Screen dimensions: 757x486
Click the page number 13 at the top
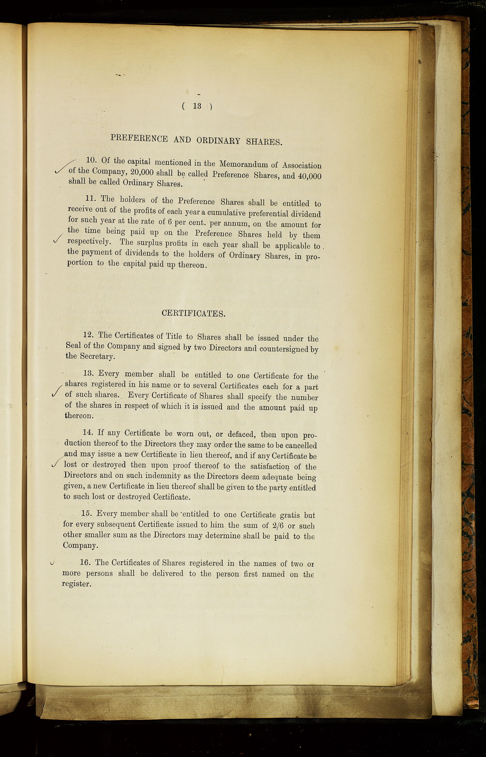pos(197,106)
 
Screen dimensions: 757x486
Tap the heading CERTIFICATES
pos(194,313)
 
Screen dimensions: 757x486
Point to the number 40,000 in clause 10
pos(310,176)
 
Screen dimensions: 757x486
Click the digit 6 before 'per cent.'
pos(170,222)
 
